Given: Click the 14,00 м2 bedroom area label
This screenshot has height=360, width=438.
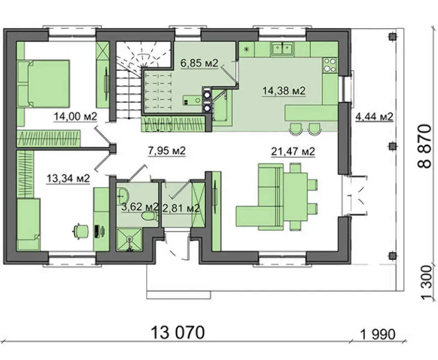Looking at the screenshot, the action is [75, 116].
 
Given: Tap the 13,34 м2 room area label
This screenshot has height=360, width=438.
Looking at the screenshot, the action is [68, 178].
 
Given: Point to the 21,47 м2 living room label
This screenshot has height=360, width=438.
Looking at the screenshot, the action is [293, 152].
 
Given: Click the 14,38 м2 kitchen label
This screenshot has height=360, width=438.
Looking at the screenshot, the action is [284, 91].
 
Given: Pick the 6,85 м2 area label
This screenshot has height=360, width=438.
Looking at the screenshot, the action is [199, 63].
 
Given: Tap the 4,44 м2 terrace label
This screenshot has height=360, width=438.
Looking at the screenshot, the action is [374, 117].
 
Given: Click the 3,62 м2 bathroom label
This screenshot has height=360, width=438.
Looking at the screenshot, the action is [140, 207].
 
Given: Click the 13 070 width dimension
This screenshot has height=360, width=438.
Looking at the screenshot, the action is [178, 333].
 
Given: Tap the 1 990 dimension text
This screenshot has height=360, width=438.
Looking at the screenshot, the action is [378, 334].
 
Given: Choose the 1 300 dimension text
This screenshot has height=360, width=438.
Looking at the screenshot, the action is [427, 283].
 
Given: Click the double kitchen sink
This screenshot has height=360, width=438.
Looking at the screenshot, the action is [283, 49].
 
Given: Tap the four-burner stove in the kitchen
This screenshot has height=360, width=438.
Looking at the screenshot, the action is [330, 65].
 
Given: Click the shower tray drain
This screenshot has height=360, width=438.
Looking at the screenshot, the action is [129, 239].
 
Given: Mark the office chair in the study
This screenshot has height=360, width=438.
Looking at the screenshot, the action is [81, 231].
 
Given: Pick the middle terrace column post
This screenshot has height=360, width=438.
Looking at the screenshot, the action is [392, 146].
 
